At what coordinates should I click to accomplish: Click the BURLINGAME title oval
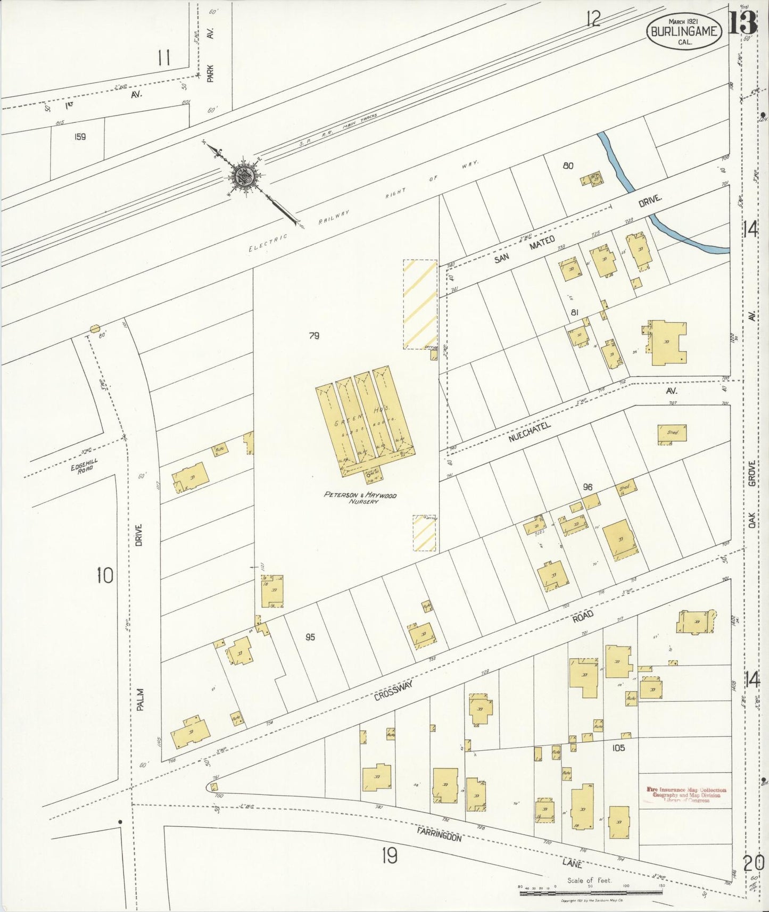[x=684, y=31]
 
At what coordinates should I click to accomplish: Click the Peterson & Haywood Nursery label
[x=360, y=498]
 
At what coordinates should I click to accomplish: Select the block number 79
[x=314, y=336]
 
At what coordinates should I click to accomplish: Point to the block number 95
[x=310, y=637]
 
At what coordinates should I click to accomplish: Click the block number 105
[x=618, y=748]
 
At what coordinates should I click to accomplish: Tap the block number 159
[x=80, y=137]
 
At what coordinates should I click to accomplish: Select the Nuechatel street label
[x=529, y=433]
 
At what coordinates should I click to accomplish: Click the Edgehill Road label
[x=82, y=466]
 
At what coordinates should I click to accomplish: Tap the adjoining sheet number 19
[x=390, y=856]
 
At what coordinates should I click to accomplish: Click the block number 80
[x=568, y=165]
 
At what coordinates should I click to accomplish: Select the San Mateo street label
[x=524, y=250]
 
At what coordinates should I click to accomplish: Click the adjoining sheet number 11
[x=164, y=57]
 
